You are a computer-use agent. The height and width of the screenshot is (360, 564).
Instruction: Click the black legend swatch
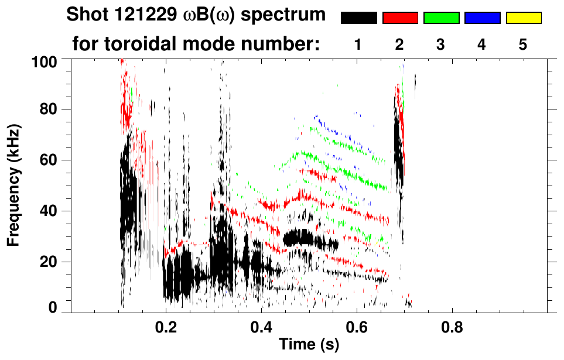click(358, 18)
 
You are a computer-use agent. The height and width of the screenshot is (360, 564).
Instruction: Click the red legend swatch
click(400, 18)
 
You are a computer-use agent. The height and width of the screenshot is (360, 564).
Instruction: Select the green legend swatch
click(441, 18)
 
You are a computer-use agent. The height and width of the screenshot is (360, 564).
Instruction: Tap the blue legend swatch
click(482, 18)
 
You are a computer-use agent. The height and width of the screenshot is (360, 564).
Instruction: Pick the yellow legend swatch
click(524, 18)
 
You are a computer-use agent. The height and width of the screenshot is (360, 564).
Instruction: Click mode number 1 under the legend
click(358, 45)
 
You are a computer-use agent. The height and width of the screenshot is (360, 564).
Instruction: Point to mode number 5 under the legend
click(523, 45)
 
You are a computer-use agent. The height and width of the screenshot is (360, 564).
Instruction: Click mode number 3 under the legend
click(440, 45)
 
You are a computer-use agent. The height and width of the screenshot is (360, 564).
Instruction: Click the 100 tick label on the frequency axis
click(45, 61)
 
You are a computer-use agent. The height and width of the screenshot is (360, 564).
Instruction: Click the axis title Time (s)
click(308, 345)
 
